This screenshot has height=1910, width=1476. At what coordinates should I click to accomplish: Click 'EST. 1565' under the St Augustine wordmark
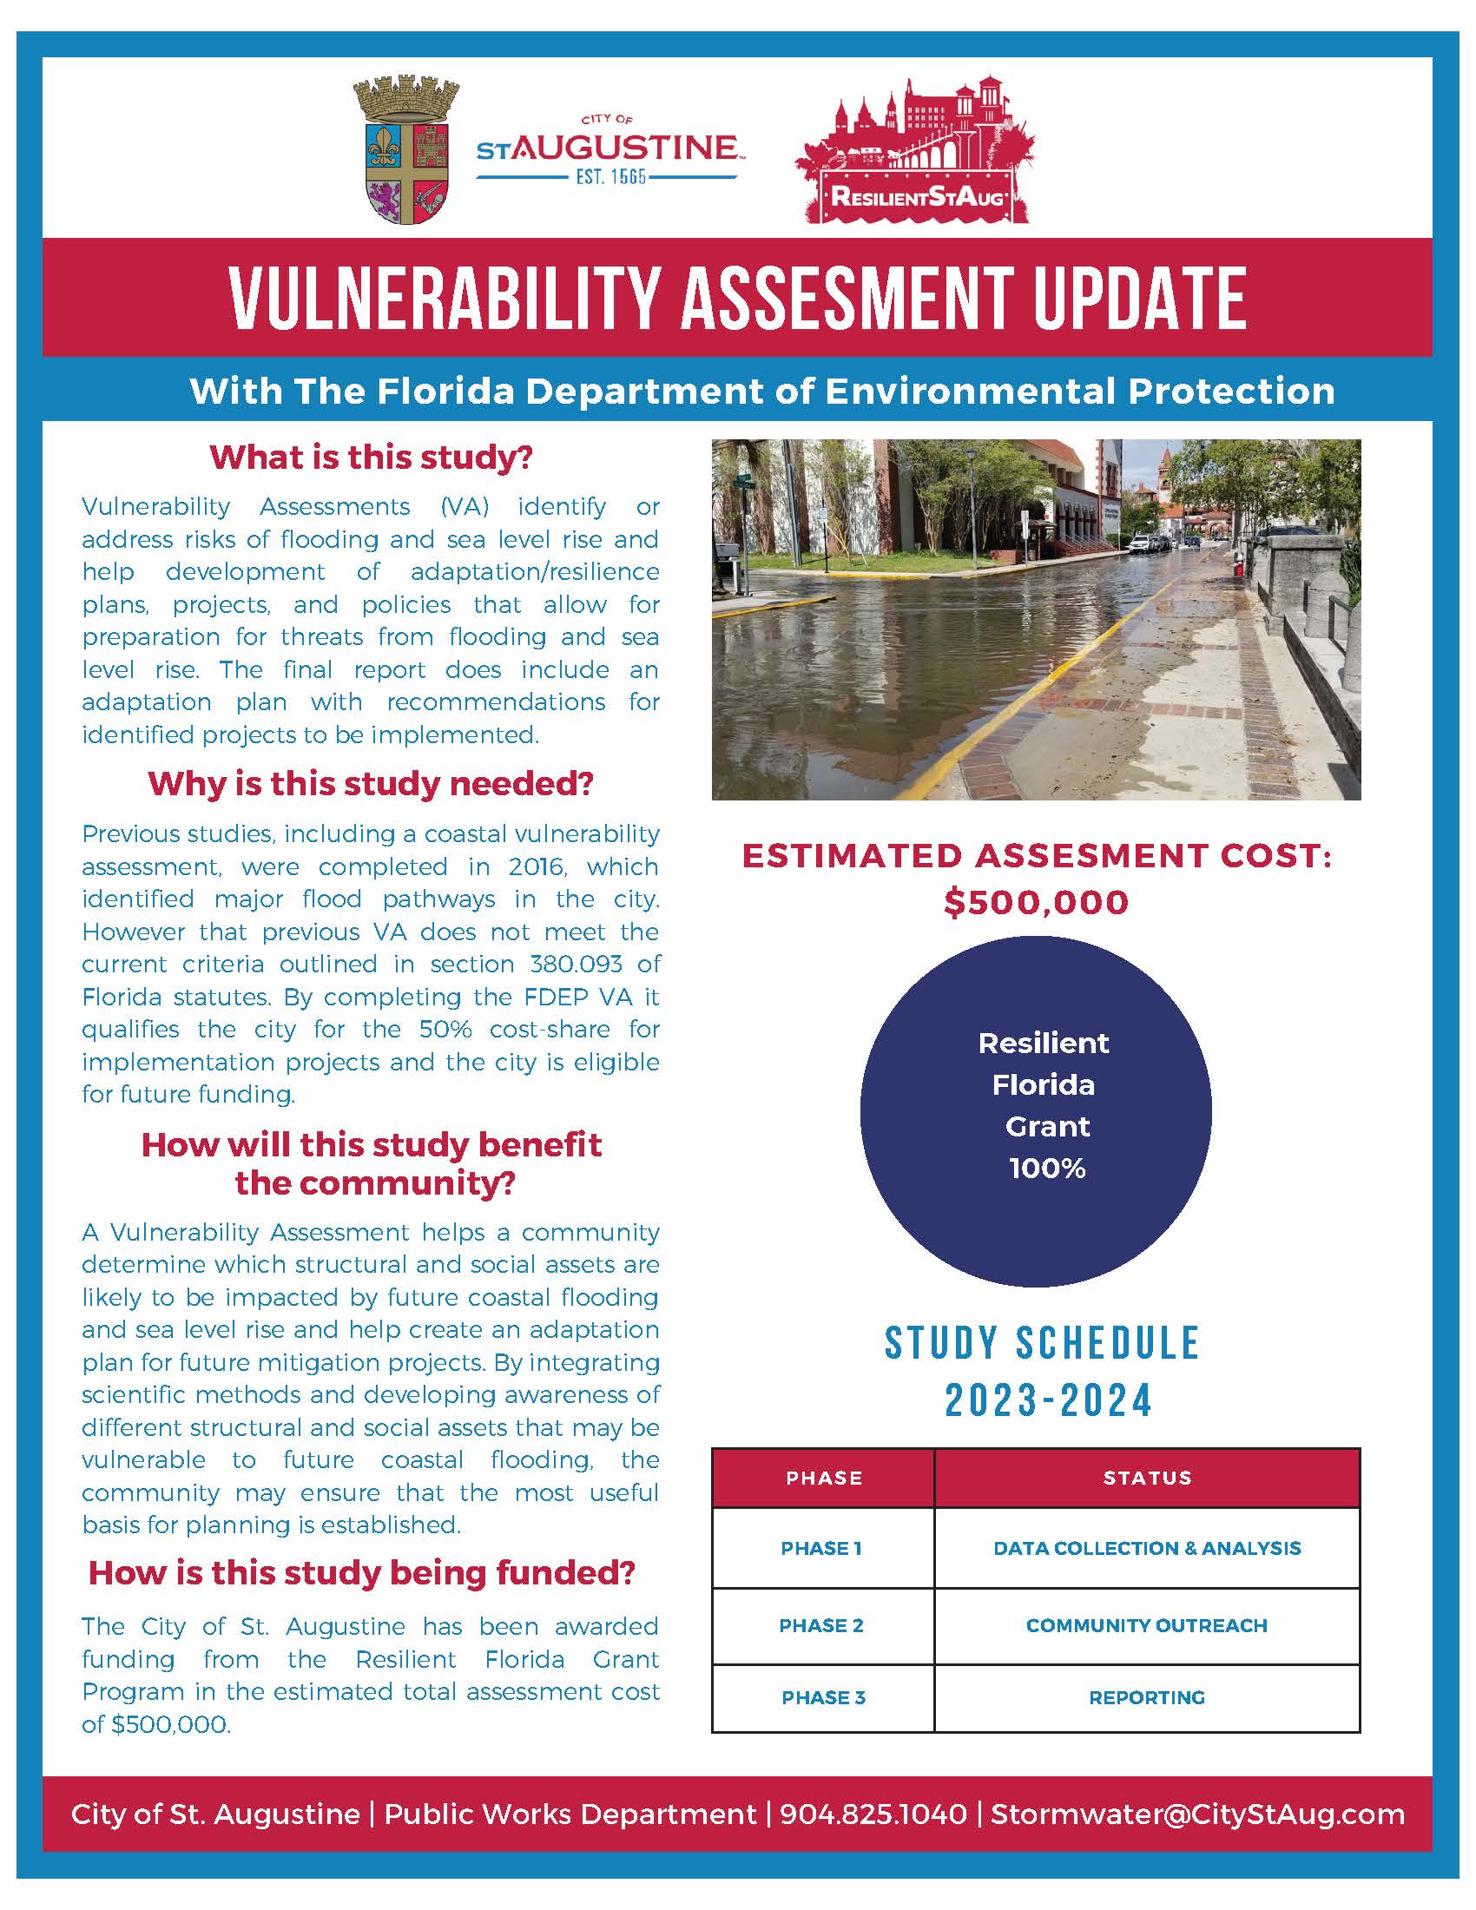coord(610,176)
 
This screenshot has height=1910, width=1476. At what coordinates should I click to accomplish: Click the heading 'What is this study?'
coord(371,458)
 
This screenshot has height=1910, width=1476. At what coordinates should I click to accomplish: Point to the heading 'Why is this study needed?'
coord(371,784)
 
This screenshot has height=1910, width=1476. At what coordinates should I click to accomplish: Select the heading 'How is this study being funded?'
coord(362,1573)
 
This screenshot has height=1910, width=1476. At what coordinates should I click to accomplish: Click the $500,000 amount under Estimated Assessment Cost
coord(1036,903)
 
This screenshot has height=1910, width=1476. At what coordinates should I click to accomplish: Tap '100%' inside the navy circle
coord(1047,1169)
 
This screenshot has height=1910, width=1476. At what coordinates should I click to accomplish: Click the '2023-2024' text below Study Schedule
coord(1048,1401)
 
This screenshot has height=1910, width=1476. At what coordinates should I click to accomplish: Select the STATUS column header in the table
coord(1146,1478)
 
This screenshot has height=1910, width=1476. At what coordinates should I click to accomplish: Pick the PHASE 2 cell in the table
coord(821,1626)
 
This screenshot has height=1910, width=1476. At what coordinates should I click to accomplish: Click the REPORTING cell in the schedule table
coord(1146,1697)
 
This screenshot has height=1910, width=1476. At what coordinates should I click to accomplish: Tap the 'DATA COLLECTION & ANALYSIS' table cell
coord(1146,1549)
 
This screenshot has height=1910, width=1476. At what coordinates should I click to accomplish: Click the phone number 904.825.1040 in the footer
coord(873,1814)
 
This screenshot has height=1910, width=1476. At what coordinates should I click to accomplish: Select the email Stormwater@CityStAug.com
coord(1197,1814)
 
